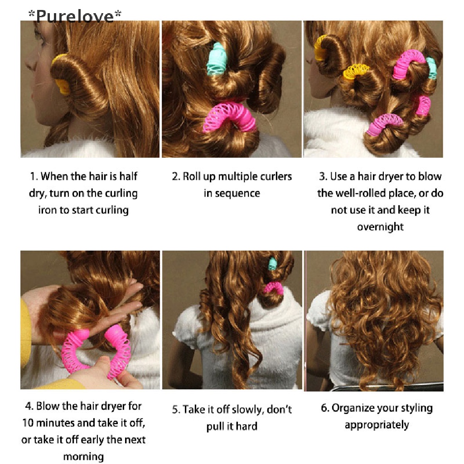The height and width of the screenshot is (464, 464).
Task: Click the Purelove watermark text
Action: pos(75,16)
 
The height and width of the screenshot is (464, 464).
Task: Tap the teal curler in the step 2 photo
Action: pos(217,58)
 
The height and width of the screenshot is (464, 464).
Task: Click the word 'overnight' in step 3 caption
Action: pos(380,227)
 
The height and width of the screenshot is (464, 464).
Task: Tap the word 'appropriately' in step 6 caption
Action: pos(377,425)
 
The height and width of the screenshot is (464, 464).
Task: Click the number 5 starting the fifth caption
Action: pos(175,410)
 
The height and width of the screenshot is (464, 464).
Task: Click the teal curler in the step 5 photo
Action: pos(272,264)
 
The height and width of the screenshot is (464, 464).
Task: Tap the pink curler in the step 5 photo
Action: pos(273,288)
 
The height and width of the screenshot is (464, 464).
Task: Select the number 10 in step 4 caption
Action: pos(28,423)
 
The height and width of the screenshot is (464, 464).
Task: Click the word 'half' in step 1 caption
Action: pos(128,176)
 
